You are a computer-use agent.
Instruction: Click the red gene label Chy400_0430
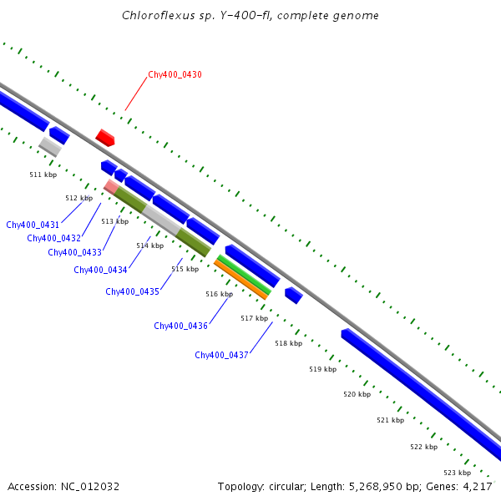pyautogui.click(x=175, y=75)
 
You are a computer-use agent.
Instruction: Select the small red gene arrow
pyautogui.click(x=104, y=138)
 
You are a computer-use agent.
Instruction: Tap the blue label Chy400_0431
pyautogui.click(x=33, y=225)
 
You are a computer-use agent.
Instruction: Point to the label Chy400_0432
pyautogui.click(x=53, y=239)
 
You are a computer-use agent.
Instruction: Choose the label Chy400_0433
pyautogui.click(x=74, y=253)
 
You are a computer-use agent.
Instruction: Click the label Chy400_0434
pyautogui.click(x=100, y=271)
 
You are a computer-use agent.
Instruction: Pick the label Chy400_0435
pyautogui.click(x=132, y=292)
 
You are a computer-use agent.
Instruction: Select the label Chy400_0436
pyautogui.click(x=180, y=326)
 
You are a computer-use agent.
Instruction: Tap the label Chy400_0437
pyautogui.click(x=221, y=356)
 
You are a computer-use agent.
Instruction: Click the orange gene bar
pyautogui.click(x=240, y=280)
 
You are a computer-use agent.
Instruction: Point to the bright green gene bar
pyautogui.click(x=244, y=275)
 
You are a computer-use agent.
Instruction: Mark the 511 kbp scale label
pyautogui.click(x=43, y=175)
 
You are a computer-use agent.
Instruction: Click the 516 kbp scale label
pyautogui.click(x=219, y=295)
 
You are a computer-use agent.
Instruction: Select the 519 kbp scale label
pyautogui.click(x=322, y=369)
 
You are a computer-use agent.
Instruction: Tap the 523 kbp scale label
pyautogui.click(x=457, y=473)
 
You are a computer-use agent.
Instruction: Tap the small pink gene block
pyautogui.click(x=110, y=186)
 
